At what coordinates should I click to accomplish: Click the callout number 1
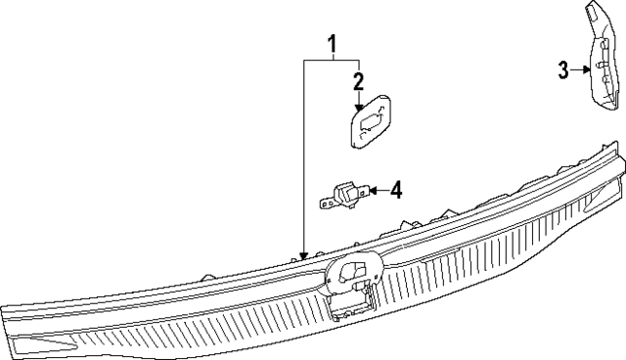333,43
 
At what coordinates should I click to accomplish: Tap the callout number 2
359,80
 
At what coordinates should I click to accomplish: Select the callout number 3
563,69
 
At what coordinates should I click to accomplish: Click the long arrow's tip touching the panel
304,256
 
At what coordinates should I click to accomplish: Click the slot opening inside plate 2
372,122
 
